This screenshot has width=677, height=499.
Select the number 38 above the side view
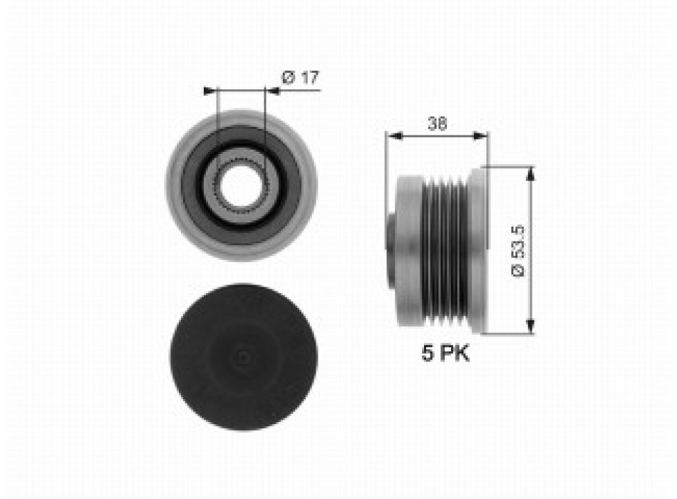[x=437, y=123]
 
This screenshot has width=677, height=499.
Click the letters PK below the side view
[x=454, y=354]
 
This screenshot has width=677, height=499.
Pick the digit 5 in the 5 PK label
[x=428, y=354]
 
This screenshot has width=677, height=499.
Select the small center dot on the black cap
[x=243, y=357]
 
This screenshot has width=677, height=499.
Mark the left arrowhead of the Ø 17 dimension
[x=209, y=91]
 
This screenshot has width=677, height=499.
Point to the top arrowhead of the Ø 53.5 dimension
[x=529, y=172]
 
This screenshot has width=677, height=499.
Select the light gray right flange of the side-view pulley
[x=479, y=249]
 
